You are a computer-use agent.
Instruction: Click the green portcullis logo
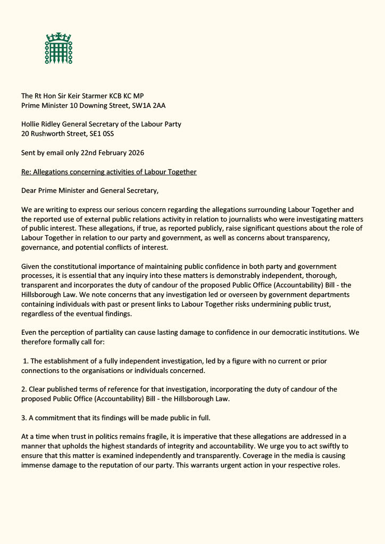(x=58, y=48)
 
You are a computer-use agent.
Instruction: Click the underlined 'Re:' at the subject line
(x=26, y=172)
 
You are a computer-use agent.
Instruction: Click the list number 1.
(x=25, y=361)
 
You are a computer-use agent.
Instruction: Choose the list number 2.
(x=24, y=389)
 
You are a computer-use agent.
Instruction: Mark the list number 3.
(x=24, y=418)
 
